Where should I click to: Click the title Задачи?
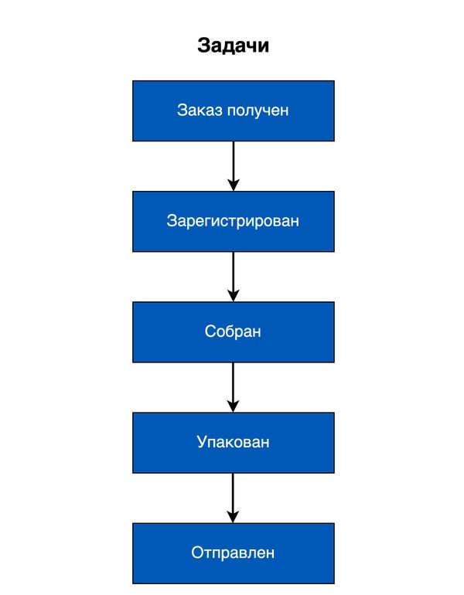click(233, 46)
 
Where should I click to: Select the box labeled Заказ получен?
click(233, 110)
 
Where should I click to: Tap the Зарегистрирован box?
click(233, 221)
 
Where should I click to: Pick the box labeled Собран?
click(233, 332)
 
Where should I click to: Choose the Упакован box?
click(233, 443)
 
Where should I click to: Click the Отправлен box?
click(233, 553)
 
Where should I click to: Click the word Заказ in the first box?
click(200, 110)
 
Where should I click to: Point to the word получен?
click(258, 110)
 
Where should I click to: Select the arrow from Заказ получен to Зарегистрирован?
click(233, 166)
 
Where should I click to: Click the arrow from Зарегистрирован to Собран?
click(233, 277)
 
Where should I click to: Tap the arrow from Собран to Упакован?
click(233, 387)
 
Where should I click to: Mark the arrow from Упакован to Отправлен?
click(233, 498)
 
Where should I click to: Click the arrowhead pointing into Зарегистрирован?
click(233, 185)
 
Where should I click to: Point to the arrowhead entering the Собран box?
click(233, 296)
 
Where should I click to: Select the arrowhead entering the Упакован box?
click(233, 406)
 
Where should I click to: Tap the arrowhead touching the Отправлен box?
click(233, 517)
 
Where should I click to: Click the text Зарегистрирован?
click(233, 221)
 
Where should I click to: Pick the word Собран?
click(233, 331)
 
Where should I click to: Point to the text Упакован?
click(233, 442)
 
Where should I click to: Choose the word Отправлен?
click(233, 552)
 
